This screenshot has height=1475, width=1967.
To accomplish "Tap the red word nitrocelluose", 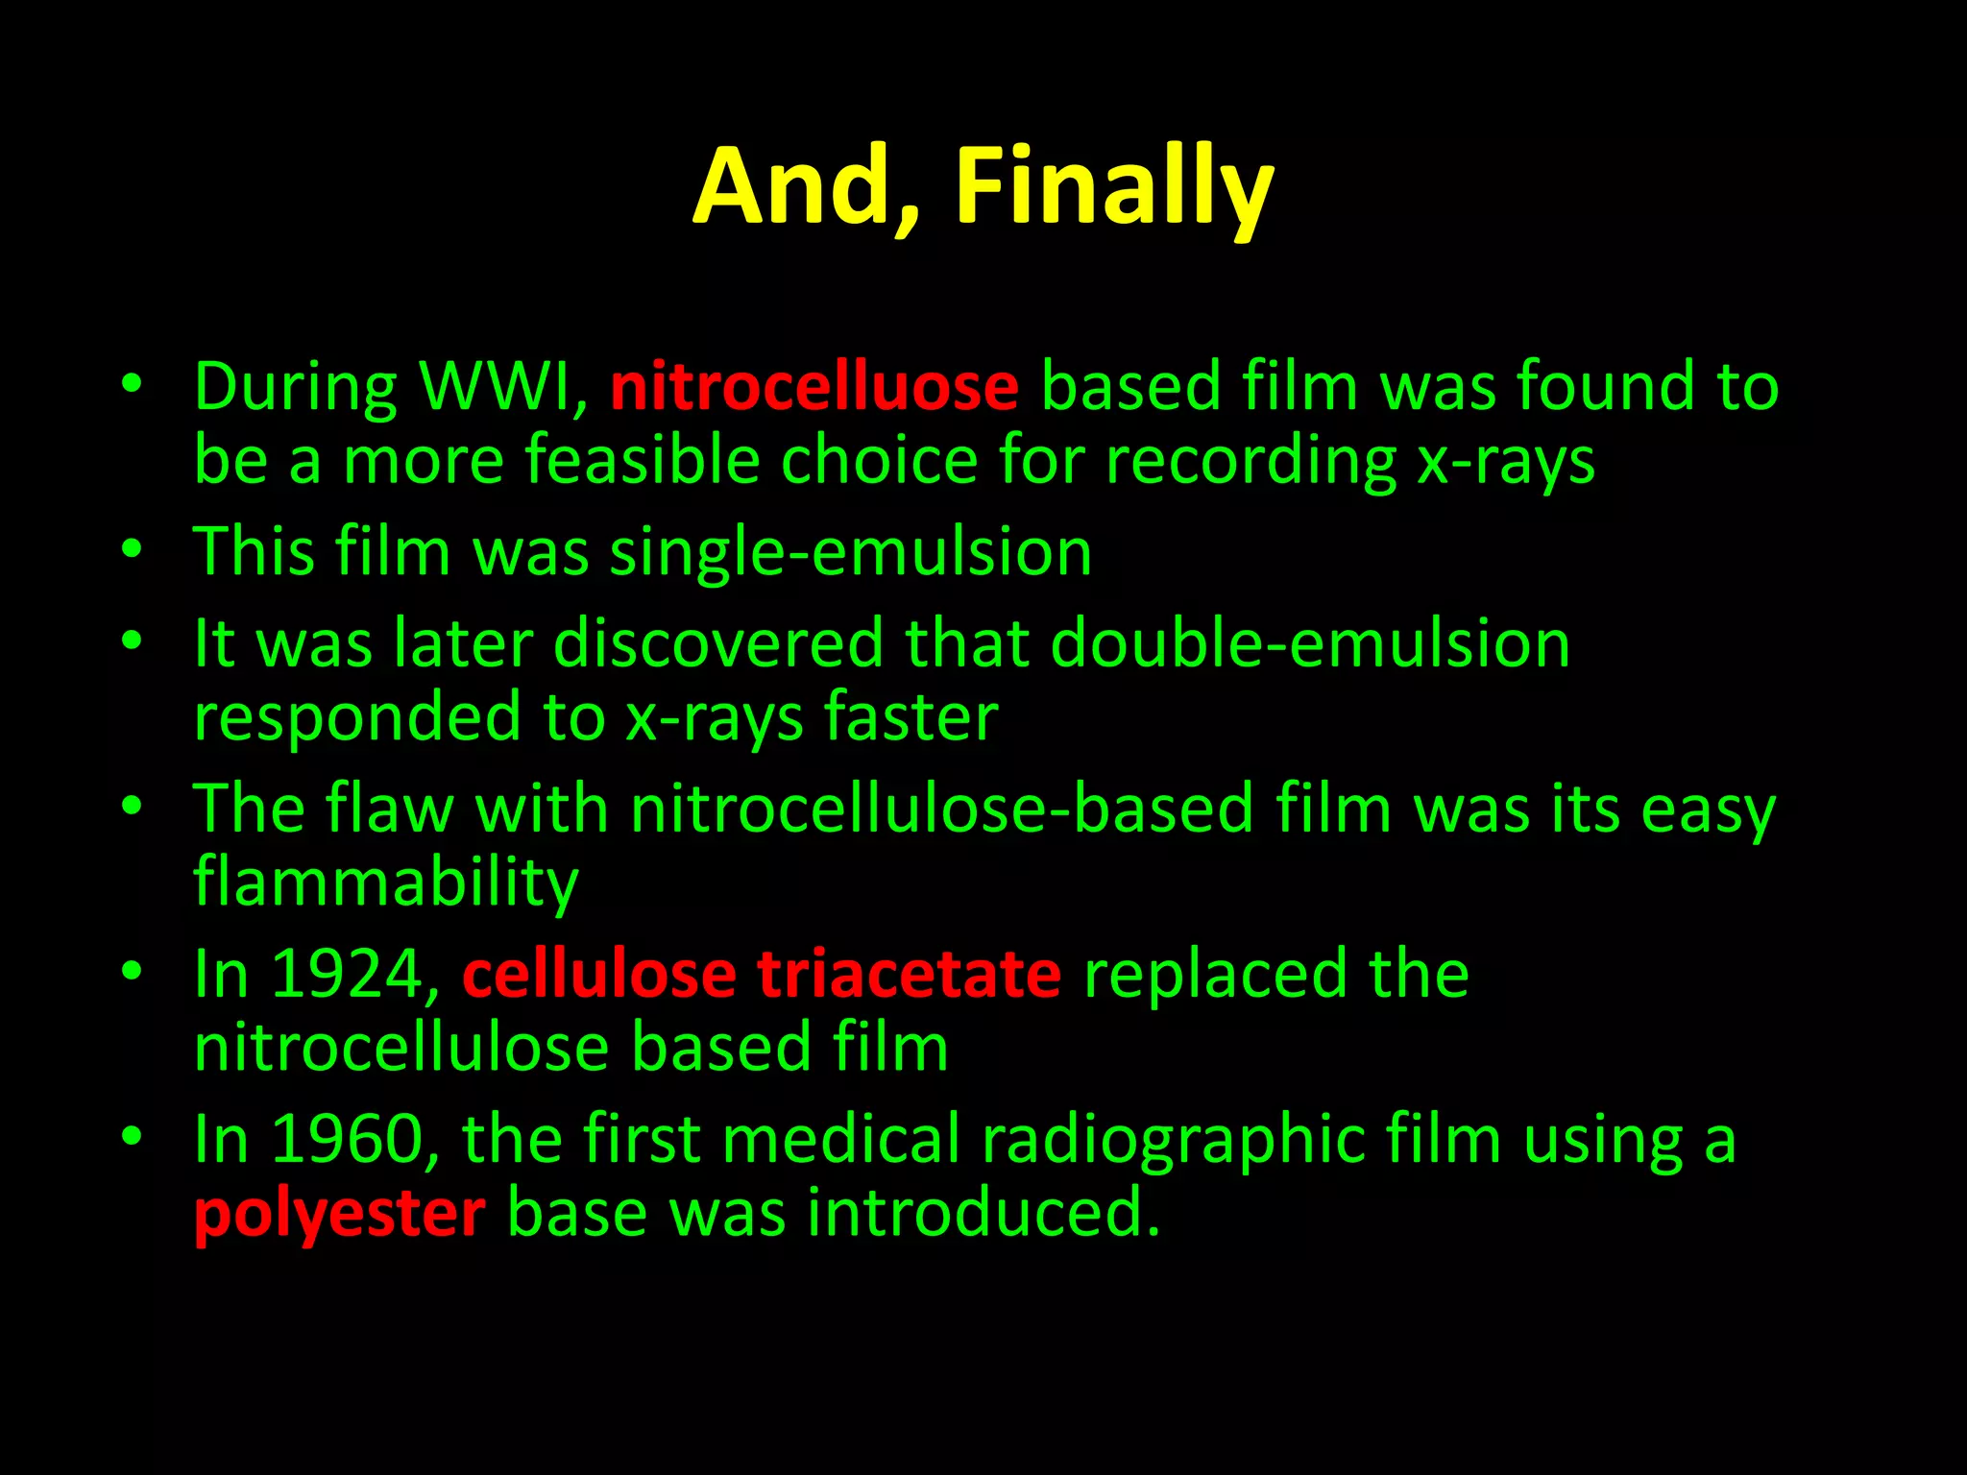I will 814,386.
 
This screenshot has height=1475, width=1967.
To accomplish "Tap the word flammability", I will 386,882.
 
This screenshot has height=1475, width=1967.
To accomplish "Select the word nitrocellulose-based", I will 941,809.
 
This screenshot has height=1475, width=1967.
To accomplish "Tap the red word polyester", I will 339,1214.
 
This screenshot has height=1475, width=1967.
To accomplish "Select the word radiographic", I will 1172,1139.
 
